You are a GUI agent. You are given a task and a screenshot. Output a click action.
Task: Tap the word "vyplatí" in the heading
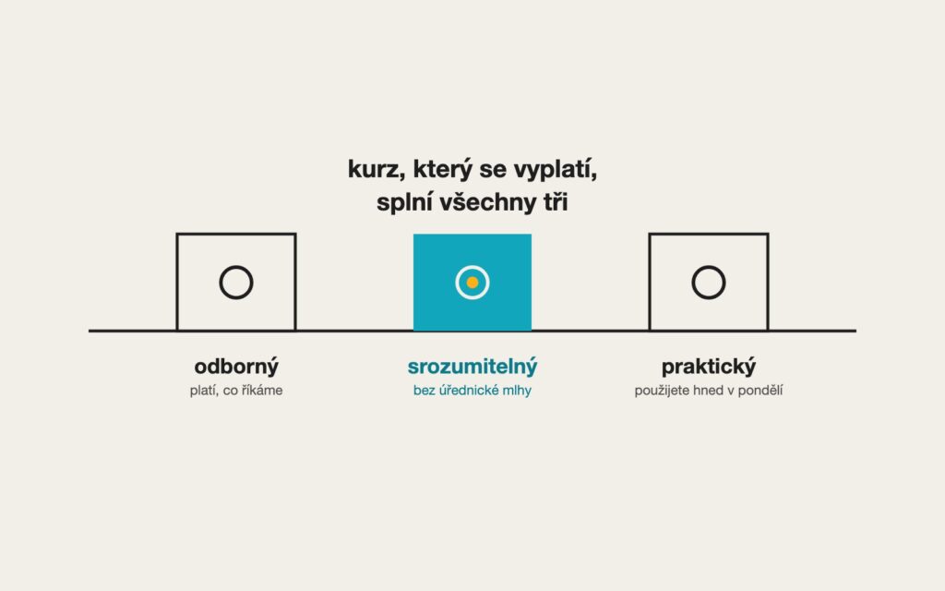(555, 171)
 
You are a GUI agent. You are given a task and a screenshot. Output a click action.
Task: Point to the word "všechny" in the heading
(487, 203)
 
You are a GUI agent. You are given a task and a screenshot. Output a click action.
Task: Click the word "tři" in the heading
(556, 201)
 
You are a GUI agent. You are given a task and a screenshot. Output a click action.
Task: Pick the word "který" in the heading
(442, 171)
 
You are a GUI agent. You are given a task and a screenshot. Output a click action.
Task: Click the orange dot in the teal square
(472, 283)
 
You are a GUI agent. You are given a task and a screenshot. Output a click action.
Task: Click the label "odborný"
(236, 367)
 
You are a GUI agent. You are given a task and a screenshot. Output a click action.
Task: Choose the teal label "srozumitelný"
(472, 367)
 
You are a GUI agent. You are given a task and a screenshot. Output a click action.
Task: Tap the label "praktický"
(709, 367)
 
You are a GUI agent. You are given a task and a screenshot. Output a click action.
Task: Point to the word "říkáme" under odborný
(262, 391)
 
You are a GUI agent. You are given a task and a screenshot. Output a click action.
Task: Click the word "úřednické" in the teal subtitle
(469, 391)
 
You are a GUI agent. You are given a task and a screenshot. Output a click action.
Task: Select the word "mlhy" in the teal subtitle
(517, 391)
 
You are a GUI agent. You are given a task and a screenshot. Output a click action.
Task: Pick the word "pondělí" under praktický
(760, 391)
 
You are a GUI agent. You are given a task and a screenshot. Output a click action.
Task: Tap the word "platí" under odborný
(204, 391)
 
